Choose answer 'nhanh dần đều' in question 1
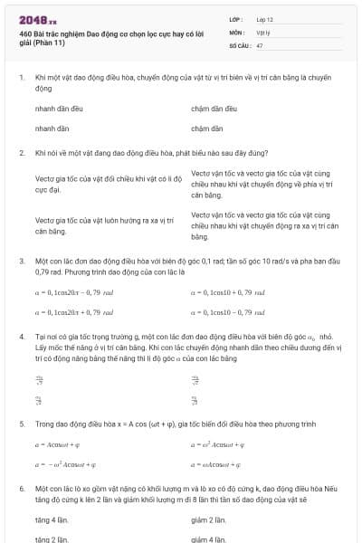(x=58, y=108)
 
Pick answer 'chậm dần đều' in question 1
(x=214, y=108)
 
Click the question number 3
(x=21, y=261)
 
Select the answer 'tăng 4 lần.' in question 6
(x=53, y=520)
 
